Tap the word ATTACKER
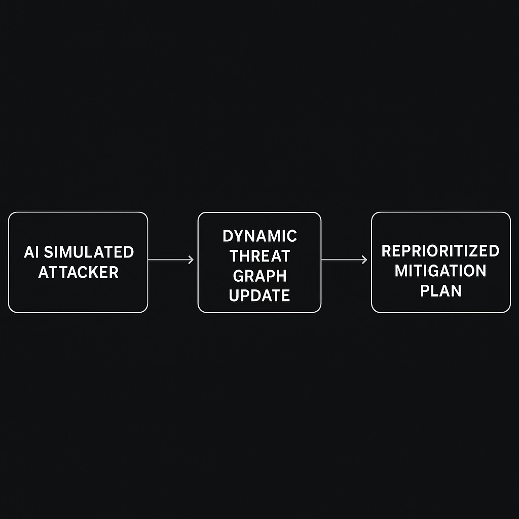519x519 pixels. [78, 272]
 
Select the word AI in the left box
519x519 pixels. [30, 252]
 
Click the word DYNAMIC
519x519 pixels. [259, 236]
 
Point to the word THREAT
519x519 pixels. [259, 256]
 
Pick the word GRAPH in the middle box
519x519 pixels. [259, 276]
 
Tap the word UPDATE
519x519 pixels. [259, 295]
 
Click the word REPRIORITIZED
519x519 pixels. [440, 251]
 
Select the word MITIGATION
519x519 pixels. [440, 271]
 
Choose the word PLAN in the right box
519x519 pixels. [440, 291]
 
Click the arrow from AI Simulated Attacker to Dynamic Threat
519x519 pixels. [170, 260]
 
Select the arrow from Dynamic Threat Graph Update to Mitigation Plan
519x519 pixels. [344, 260]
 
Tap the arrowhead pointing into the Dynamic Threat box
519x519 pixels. [191, 260]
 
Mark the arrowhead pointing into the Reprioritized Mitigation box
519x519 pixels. [364, 260]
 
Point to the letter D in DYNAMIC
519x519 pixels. [227, 236]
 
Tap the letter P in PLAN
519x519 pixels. [425, 291]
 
